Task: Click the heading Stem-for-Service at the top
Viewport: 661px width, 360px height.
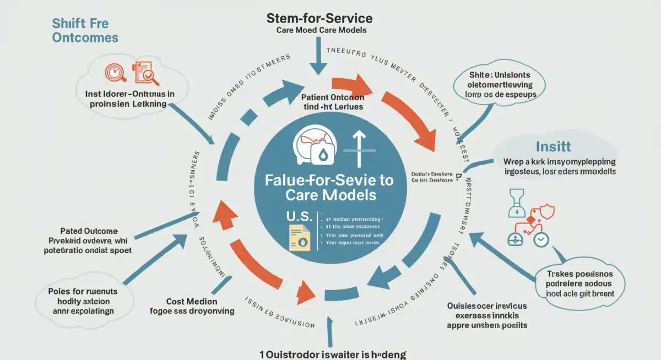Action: (x=319, y=18)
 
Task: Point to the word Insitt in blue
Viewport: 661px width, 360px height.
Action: (x=553, y=147)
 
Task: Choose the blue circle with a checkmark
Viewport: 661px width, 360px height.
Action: (x=541, y=239)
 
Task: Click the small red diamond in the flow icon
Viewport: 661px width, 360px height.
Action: (x=530, y=220)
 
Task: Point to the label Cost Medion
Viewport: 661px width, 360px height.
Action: (x=192, y=301)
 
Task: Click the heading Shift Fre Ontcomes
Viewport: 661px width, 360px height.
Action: (x=85, y=30)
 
